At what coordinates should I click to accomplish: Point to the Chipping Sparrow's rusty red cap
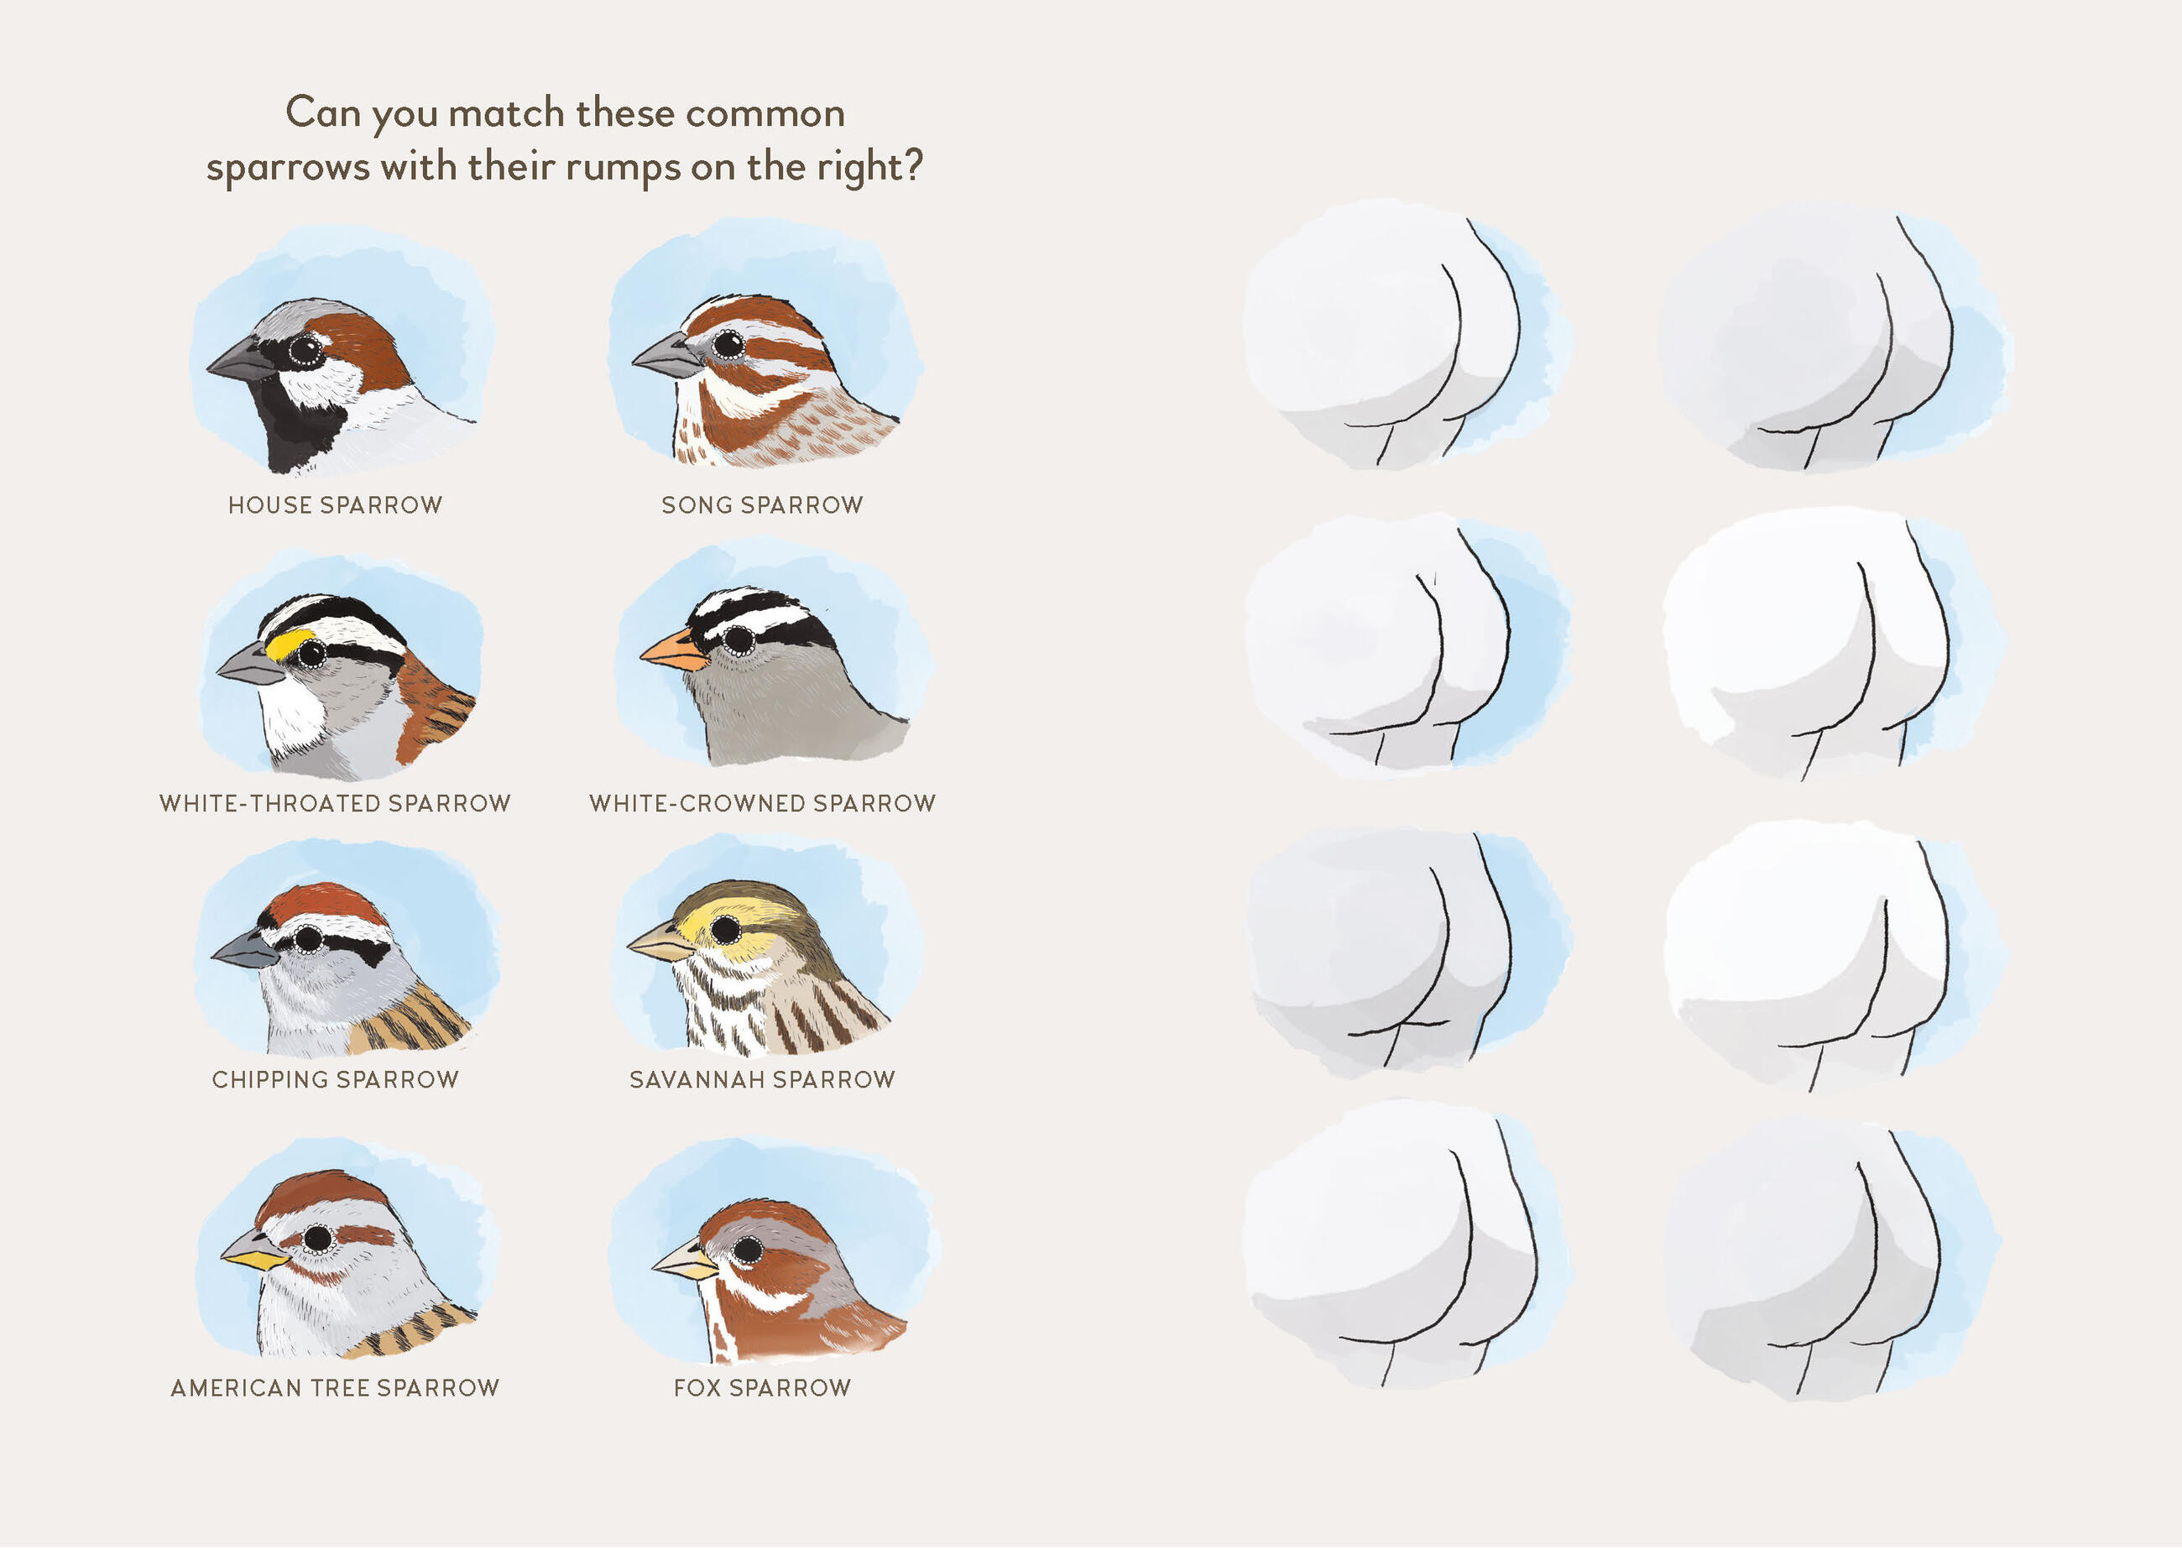coord(326,903)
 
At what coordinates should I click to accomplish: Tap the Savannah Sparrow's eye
coord(725,927)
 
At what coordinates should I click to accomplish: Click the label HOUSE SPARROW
coord(335,505)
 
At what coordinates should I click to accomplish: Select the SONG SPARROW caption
coord(762,505)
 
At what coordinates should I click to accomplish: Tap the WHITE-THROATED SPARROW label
coord(335,804)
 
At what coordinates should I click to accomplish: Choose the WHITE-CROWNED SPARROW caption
coord(762,804)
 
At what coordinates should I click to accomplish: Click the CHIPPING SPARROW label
coord(335,1079)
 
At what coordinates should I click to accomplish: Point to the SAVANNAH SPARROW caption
coord(762,1079)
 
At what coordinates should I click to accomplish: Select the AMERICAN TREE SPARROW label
coord(335,1388)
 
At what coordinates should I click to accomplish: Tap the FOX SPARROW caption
coord(762,1388)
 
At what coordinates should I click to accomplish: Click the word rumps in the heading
coord(623,169)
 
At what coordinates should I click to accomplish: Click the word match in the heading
coord(507,113)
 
